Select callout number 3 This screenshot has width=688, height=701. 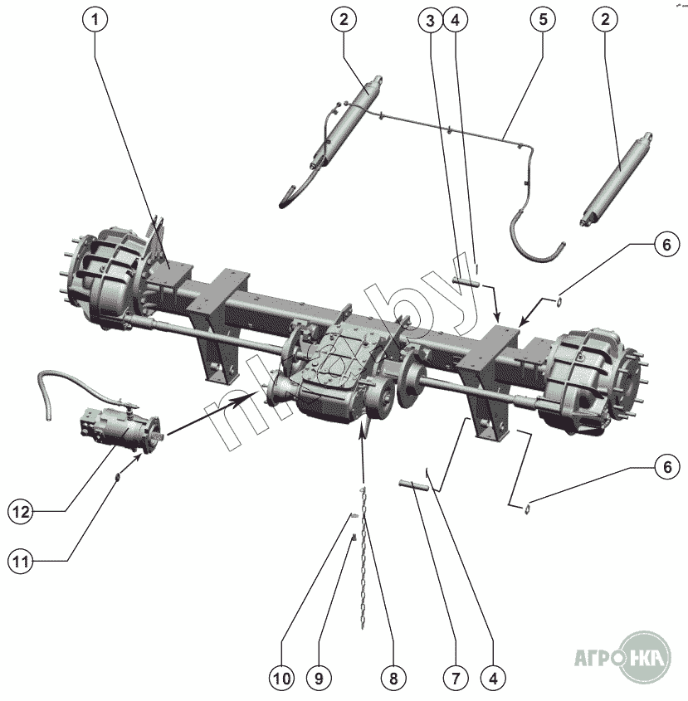click(x=430, y=21)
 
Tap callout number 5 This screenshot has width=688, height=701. click(x=542, y=21)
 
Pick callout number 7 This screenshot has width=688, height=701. click(x=454, y=678)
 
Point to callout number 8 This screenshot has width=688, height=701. click(x=393, y=678)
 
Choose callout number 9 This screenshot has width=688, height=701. click(x=317, y=678)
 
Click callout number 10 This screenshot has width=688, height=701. click(x=281, y=678)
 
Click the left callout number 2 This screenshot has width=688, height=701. click(x=342, y=21)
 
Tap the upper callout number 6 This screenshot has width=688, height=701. click(x=663, y=245)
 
